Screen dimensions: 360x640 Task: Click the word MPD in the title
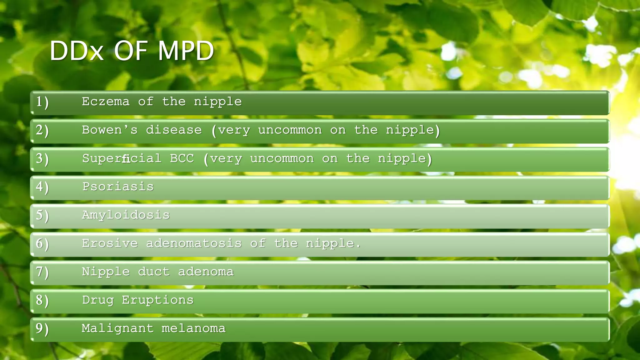point(186,51)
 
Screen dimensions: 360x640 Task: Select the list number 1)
point(42,102)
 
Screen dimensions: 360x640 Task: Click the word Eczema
point(106,102)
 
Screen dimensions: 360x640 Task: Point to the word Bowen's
point(110,130)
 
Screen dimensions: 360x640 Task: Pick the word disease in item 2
point(174,130)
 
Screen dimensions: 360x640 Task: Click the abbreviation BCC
point(182,158)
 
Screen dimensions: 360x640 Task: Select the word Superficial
point(122,158)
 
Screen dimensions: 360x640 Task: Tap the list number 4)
point(42,187)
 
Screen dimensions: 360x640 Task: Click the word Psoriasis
point(118,187)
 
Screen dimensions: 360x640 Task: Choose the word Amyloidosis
point(126,215)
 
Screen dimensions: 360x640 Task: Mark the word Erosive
point(110,243)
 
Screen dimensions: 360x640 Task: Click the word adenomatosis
point(194,243)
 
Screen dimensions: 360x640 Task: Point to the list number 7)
point(42,272)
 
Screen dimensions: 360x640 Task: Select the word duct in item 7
point(154,272)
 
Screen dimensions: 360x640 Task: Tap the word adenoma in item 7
point(206,272)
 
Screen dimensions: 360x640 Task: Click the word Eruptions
point(157,300)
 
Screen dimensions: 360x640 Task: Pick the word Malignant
point(117,329)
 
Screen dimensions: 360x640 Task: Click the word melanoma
point(193,329)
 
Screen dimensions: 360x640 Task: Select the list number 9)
point(42,329)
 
